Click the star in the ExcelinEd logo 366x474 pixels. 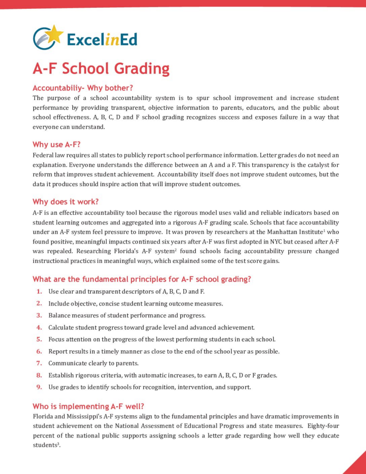55,33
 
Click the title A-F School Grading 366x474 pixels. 101,69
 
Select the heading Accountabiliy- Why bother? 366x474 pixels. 83,88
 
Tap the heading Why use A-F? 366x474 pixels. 56,144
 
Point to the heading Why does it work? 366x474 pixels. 66,202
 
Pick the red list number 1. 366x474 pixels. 39,292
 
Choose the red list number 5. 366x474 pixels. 39,339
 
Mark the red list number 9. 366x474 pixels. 39,387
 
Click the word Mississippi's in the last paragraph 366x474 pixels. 81,416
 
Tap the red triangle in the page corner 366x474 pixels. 357,466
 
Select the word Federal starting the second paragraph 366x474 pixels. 43,155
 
